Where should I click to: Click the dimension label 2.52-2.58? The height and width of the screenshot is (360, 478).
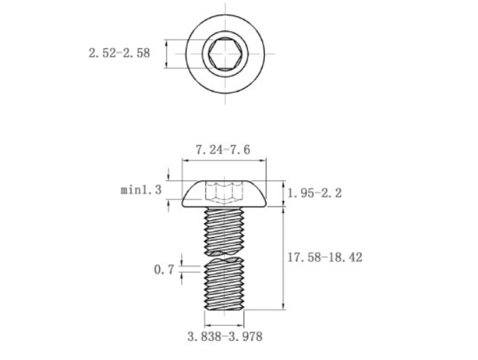point(119,53)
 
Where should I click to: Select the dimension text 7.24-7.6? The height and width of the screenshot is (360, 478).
point(222,150)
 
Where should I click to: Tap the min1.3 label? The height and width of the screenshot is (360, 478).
point(141,190)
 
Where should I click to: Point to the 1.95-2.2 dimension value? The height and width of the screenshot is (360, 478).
point(315,193)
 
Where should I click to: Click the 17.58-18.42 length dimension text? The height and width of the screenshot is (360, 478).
point(325,258)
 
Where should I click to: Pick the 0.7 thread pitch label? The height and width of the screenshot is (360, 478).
point(163,270)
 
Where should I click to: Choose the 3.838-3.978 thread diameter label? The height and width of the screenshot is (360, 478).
point(224,337)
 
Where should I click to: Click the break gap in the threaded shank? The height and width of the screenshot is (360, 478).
point(224,256)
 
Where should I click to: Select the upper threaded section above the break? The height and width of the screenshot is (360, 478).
point(224,229)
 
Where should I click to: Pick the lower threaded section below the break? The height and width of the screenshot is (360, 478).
point(224,284)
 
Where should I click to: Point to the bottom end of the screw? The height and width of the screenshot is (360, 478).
point(224,308)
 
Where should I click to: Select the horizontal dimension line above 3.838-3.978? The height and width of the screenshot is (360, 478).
point(224,323)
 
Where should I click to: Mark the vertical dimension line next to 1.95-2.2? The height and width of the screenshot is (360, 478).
point(283,192)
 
